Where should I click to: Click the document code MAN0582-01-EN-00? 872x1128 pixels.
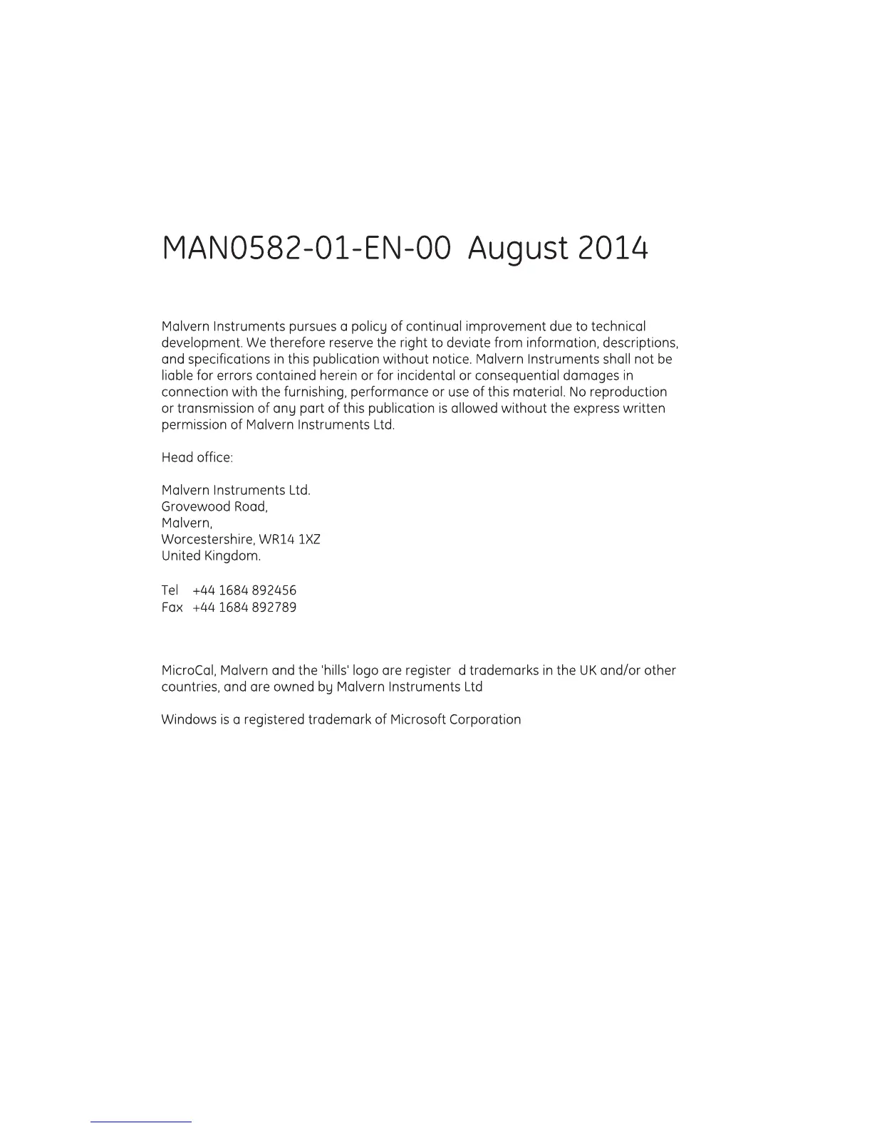point(306,248)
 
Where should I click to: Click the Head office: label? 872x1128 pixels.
point(197,458)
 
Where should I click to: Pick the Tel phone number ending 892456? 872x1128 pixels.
point(244,590)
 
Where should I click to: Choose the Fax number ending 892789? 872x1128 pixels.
point(244,607)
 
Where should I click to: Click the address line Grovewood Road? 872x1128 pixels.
point(214,507)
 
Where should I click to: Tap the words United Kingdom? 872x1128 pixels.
point(211,556)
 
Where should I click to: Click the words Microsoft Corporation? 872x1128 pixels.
point(455,720)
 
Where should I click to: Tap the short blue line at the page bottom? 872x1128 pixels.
point(141,1122)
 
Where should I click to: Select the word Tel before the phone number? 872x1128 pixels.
point(170,590)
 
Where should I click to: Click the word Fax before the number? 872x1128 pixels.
point(172,607)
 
